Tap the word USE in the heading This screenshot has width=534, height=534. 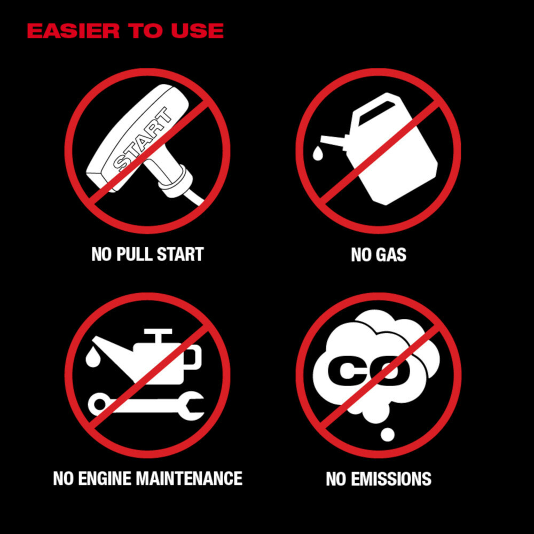[x=197, y=30]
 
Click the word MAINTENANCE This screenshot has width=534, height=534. [x=189, y=478]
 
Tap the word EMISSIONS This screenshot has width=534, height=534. [x=391, y=479]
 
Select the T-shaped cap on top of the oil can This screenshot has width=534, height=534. [x=158, y=335]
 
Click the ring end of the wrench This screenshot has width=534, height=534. [x=99, y=404]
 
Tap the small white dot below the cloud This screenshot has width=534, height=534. [x=387, y=435]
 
